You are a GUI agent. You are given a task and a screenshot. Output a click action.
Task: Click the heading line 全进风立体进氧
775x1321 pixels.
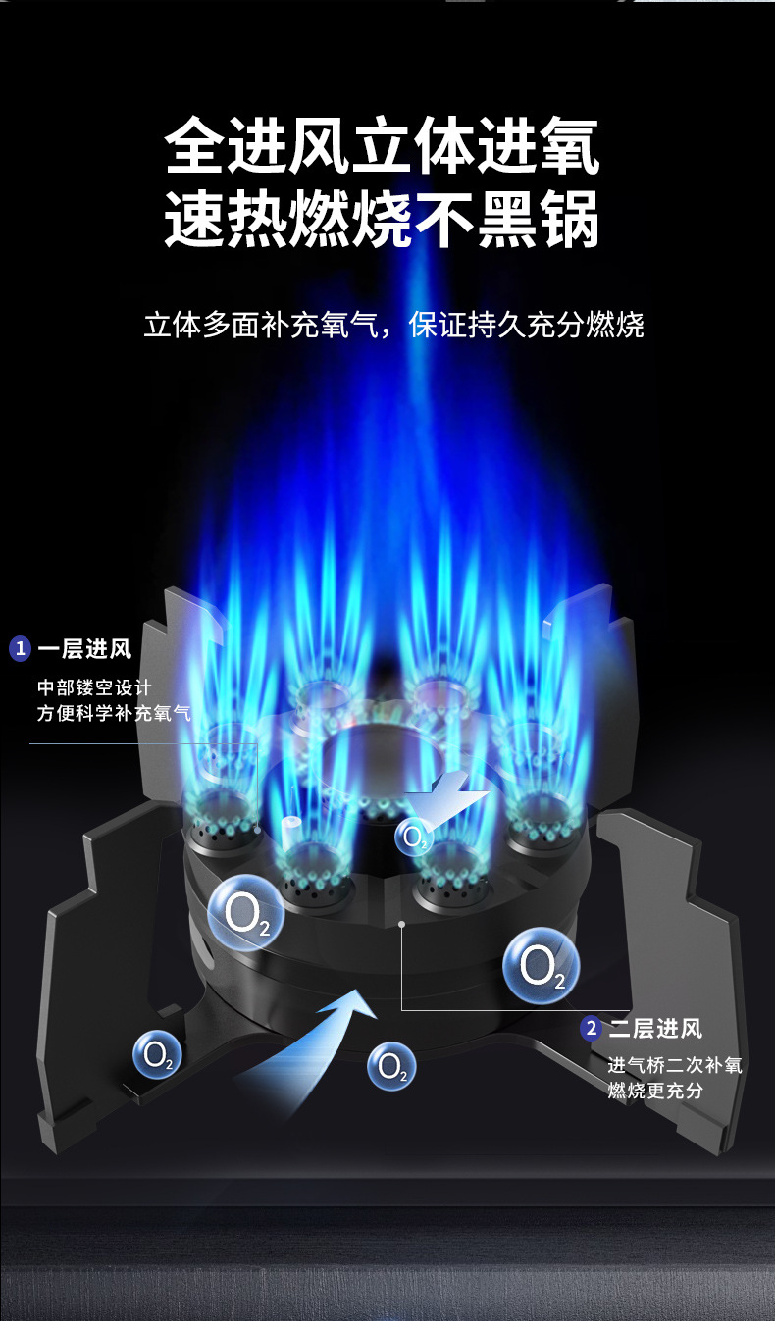pos(382,147)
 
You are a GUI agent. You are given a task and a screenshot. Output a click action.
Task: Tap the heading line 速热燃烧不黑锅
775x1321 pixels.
pos(382,220)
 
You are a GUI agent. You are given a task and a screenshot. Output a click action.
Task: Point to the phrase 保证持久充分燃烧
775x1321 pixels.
pos(527,325)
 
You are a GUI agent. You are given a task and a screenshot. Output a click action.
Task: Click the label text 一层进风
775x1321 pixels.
pos(84,649)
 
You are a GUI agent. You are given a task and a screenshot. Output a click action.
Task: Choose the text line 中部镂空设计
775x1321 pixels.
pos(94,686)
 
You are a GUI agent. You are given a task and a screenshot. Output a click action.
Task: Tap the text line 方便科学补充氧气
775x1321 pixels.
pos(114,713)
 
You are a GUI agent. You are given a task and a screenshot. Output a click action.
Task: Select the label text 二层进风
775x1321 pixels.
pos(655,1029)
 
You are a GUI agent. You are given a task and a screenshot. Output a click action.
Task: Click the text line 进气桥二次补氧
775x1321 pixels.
pos(674,1065)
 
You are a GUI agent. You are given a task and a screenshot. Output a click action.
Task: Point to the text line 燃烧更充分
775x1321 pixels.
pos(654,1091)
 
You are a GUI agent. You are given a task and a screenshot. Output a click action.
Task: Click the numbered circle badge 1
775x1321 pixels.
pos(20,649)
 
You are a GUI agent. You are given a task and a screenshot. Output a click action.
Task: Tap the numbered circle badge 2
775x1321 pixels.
pos(591,1029)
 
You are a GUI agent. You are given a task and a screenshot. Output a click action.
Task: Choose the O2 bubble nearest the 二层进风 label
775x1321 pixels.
pos(542,967)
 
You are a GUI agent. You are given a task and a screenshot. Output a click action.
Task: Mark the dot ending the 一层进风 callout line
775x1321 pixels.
pos(258,830)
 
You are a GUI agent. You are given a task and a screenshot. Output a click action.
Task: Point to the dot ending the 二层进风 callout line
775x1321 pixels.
pos(402,923)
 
